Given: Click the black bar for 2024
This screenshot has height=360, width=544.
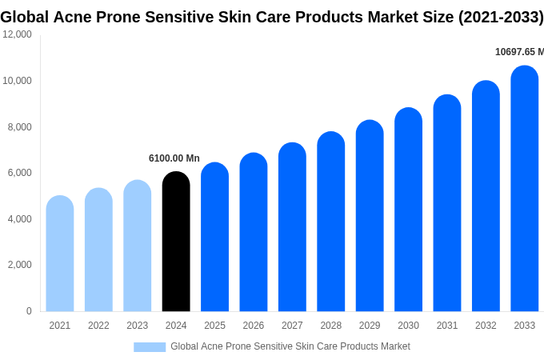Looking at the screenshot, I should pos(176,242).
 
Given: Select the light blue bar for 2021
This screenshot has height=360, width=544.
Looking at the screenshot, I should pos(60,254).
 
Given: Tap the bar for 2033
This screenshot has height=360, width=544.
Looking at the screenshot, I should pos(524,189).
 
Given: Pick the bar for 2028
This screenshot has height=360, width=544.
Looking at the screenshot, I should pos(330,222).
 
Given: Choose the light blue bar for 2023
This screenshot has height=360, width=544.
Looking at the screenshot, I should pos(137,246).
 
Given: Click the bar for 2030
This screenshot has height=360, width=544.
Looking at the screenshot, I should pos(408,210).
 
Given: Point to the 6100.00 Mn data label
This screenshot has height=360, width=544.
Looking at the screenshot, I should pos(174,158).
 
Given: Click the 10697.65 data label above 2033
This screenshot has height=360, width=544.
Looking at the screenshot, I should pos(518,52).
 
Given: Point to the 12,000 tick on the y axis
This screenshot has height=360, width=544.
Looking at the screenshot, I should pos(18,34).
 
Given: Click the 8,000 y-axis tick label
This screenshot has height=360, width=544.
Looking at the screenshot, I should pos(20,126).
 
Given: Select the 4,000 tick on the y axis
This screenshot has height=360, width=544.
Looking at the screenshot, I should pos(20,218).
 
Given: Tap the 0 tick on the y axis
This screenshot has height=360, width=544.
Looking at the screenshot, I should pos(29,311).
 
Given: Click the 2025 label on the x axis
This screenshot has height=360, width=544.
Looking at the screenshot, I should pos(214,326).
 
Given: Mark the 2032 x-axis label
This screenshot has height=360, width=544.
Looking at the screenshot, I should pos(486,326).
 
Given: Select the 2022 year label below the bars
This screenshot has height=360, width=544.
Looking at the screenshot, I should pos(98,326).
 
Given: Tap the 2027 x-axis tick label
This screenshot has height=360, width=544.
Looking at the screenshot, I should pos(292,326).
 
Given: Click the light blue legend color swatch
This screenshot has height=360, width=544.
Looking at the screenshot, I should pos(150,347).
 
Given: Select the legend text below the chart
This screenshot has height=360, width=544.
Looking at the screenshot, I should pos(290,346).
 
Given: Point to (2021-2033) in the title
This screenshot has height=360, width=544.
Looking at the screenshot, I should pos(501,17).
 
